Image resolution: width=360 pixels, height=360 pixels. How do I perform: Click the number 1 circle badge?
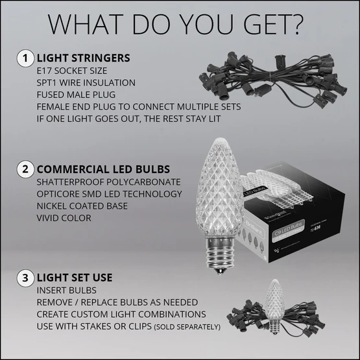pos(25,58)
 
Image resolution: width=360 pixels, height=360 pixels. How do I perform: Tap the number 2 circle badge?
pos(25,169)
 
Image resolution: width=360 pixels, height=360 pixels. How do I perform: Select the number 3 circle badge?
pos(25,278)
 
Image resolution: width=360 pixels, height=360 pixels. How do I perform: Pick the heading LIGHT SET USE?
pos(75,278)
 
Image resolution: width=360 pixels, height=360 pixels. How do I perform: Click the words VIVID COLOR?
pos(64,218)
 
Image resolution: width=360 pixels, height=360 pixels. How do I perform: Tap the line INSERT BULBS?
pos(66,290)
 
